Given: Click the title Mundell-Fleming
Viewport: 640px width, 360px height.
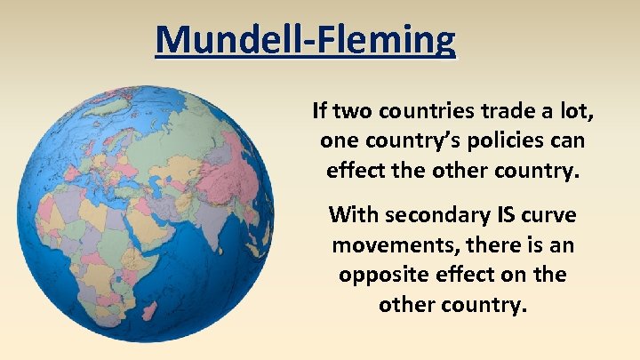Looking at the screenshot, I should (305, 40).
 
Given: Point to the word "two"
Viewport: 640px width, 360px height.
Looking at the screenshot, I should (354, 112).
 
